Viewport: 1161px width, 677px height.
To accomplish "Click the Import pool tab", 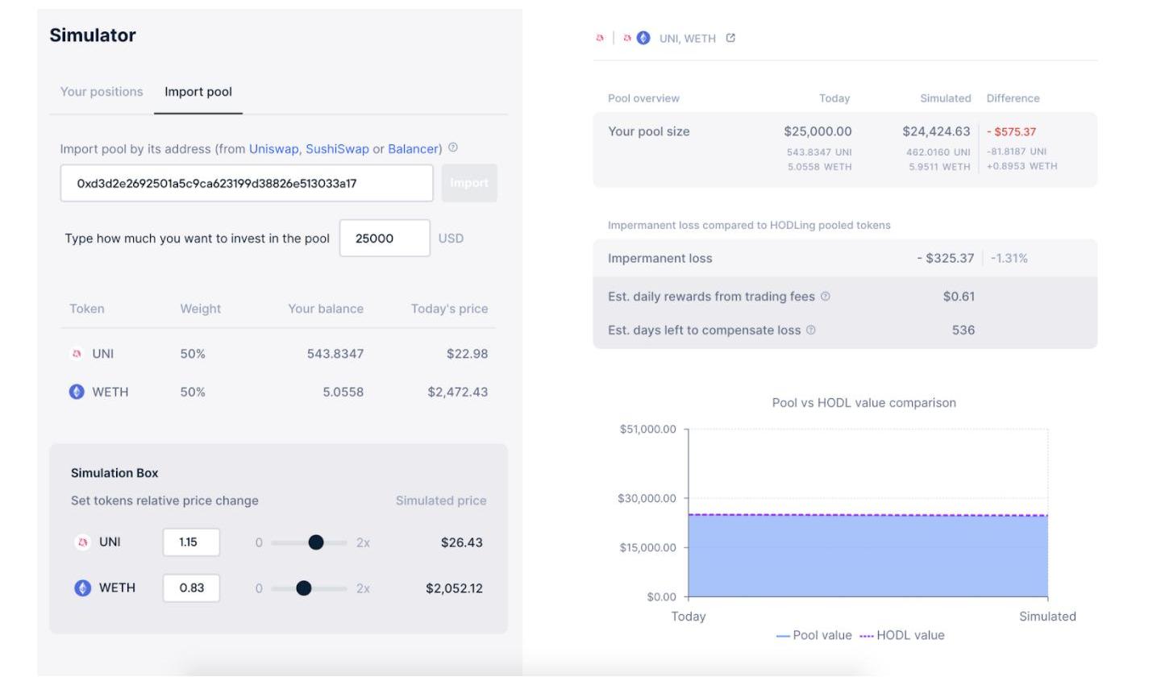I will pos(198,92).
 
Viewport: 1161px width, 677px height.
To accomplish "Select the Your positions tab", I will pos(102,92).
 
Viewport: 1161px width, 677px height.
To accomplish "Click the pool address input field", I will pos(246,184).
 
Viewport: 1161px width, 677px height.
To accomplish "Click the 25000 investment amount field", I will pos(384,239).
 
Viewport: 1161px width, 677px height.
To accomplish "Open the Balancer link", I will pos(413,149).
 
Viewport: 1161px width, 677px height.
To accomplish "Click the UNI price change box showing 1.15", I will pos(191,542).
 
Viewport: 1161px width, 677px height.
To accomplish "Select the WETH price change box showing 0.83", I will pos(191,588).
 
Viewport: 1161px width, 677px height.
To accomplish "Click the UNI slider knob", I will pos(316,542).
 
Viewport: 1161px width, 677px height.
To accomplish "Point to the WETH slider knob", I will pos(303,588).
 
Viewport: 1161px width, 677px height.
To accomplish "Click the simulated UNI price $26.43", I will pos(461,542).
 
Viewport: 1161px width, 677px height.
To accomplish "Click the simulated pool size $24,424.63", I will pos(936,131).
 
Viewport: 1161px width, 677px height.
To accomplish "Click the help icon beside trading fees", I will pos(825,297).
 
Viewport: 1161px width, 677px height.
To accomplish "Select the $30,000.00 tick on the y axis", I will pos(647,499).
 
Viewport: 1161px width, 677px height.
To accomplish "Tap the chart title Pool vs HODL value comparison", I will pos(863,403).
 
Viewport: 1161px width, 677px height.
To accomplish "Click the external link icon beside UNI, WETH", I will pos(730,38).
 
